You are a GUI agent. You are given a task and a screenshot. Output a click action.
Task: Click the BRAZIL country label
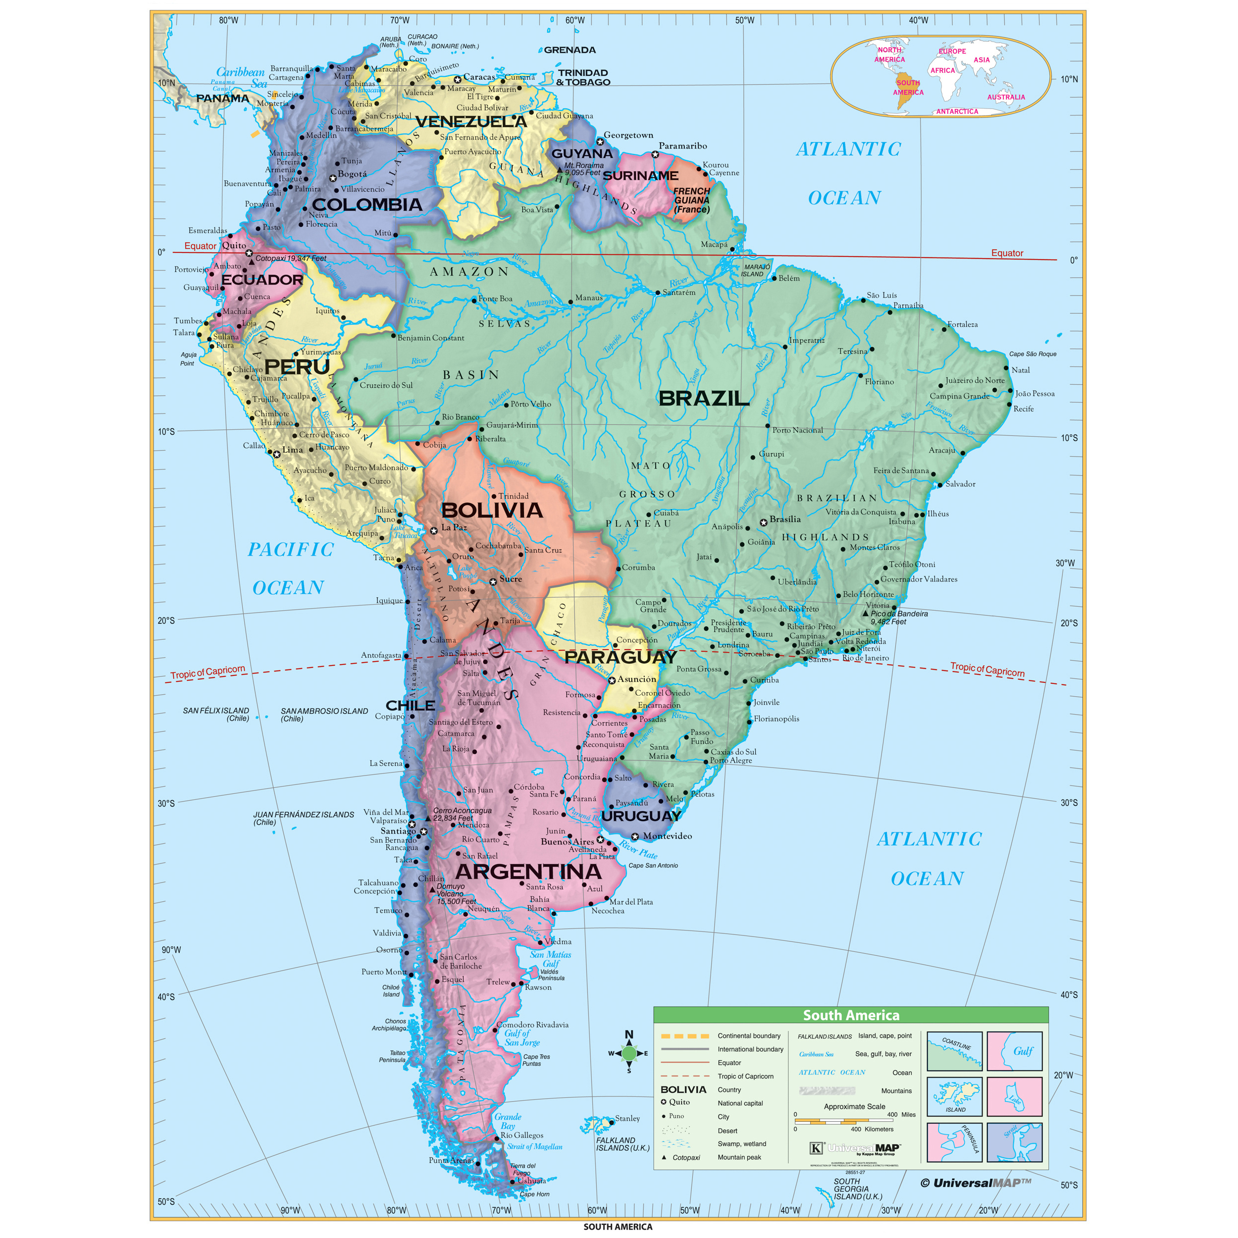pos(704,399)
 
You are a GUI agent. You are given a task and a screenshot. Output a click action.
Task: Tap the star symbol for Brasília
pos(763,522)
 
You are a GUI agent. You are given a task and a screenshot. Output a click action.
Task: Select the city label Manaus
pos(589,298)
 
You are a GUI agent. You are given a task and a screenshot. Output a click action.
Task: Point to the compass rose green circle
pos(629,1053)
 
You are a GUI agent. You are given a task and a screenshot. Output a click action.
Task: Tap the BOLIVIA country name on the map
pos(492,510)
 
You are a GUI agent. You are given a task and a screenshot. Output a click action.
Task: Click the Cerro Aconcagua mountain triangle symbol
pos(428,818)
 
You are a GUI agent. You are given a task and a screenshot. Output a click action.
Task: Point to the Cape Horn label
pos(534,1194)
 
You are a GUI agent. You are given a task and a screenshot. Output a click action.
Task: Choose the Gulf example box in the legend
pos(1014,1051)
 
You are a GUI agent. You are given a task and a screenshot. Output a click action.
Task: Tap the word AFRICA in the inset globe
pos(942,70)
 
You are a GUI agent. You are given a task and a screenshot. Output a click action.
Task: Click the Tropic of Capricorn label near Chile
pos(207,671)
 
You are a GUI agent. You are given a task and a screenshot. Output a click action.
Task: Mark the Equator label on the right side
pos(1007,253)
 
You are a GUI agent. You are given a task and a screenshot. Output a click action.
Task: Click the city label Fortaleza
pos(963,324)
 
